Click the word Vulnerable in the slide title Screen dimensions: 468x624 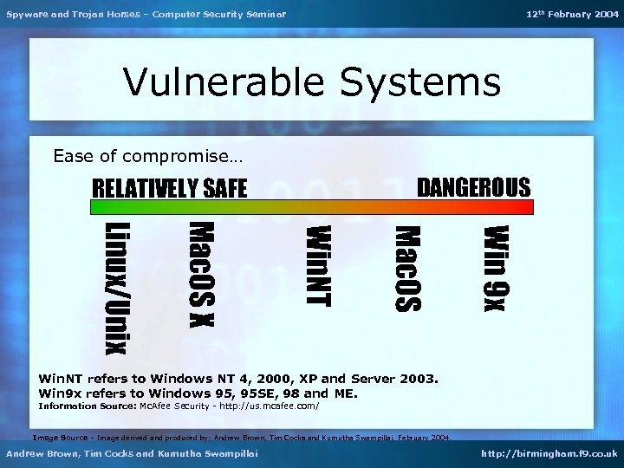[x=225, y=83]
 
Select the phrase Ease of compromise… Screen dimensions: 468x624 [x=148, y=157]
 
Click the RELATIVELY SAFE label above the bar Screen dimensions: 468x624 [x=170, y=188]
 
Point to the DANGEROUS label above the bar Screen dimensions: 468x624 [x=473, y=187]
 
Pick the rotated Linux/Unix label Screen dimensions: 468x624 [x=118, y=288]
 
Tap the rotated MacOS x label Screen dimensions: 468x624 [x=201, y=274]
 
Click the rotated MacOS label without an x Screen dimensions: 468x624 [x=407, y=268]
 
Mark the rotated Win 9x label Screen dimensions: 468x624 [x=497, y=267]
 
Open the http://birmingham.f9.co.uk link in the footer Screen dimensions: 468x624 [x=548, y=453]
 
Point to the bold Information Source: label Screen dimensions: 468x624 [x=88, y=406]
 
